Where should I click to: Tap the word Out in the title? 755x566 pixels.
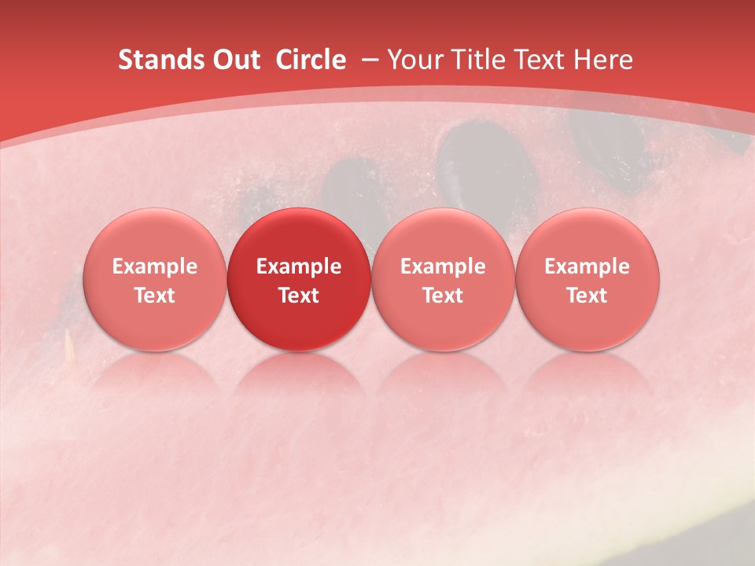point(234,60)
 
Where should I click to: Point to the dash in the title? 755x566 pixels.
point(370,60)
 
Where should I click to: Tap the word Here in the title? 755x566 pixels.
point(602,60)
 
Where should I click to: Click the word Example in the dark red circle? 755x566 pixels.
point(299,266)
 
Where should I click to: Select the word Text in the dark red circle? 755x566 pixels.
point(299,296)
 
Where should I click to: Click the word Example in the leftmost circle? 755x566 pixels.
point(155,266)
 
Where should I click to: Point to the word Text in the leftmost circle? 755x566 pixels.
point(155,296)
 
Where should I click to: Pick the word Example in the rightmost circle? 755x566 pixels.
point(587,266)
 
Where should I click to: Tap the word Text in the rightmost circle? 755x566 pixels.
point(587,296)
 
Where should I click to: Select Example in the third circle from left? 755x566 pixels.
point(443,266)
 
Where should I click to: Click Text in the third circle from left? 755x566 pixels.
point(443,296)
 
